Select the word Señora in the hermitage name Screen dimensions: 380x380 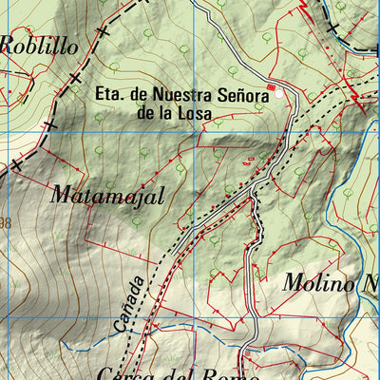(x=234, y=95)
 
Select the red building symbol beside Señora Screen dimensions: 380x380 (x=271, y=88)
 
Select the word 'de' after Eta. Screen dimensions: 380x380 (x=141, y=95)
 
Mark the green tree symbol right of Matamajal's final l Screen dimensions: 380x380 (x=180, y=167)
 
